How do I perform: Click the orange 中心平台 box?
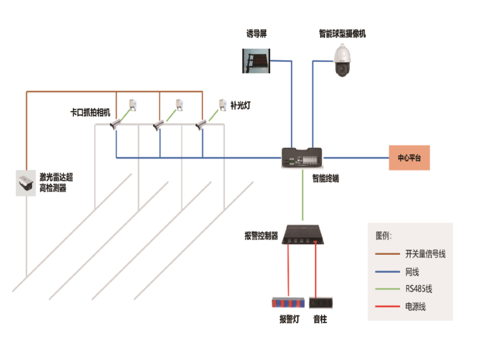[x=409, y=158]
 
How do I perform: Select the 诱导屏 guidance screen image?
[x=256, y=60]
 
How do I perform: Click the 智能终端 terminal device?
[x=302, y=158]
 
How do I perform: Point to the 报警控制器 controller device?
[x=303, y=233]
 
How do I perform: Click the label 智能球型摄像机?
[x=342, y=34]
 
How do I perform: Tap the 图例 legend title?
[x=384, y=235]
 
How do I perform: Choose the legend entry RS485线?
[x=418, y=289]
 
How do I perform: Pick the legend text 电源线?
[x=415, y=307]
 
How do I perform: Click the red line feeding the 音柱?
[x=317, y=269]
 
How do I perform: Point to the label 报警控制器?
[x=261, y=236]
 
